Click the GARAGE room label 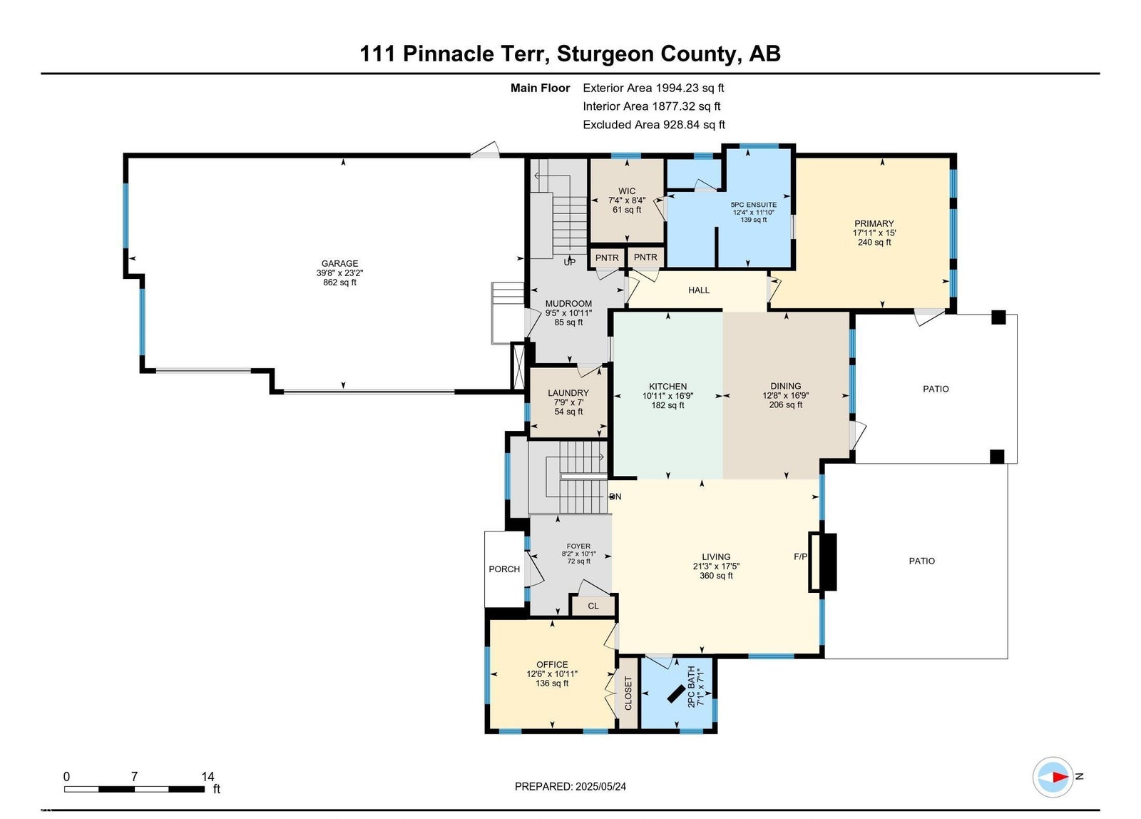pyautogui.click(x=339, y=263)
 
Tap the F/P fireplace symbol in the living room pyautogui.click(x=823, y=562)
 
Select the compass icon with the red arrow pyautogui.click(x=1053, y=777)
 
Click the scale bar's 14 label pyautogui.click(x=208, y=777)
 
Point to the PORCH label pyautogui.click(x=504, y=569)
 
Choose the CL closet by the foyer pyautogui.click(x=593, y=606)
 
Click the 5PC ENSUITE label pyautogui.click(x=753, y=205)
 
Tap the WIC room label pyautogui.click(x=627, y=191)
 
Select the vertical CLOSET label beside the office pyautogui.click(x=628, y=693)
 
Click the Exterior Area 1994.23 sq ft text pyautogui.click(x=653, y=88)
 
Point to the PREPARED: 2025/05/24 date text pyautogui.click(x=570, y=786)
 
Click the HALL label pyautogui.click(x=698, y=290)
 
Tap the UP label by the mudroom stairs pyautogui.click(x=570, y=263)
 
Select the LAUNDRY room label pyautogui.click(x=568, y=393)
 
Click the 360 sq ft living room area pyautogui.click(x=716, y=576)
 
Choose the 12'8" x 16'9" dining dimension pyautogui.click(x=785, y=395)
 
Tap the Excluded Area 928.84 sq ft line pyautogui.click(x=653, y=125)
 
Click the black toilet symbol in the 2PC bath pyautogui.click(x=676, y=694)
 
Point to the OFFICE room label pyautogui.click(x=552, y=665)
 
